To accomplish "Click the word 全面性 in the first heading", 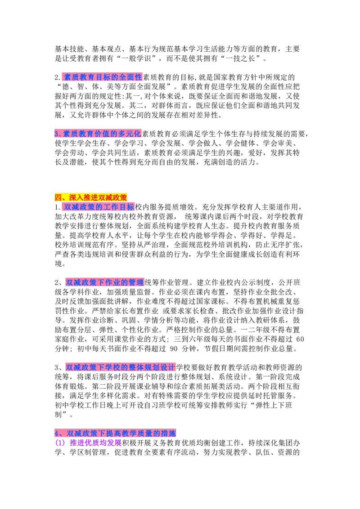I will pyautogui.click(x=130, y=77).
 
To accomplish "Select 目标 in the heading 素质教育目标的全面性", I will pyautogui.click(x=106, y=77).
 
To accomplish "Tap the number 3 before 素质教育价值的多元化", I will pyautogui.click(x=56, y=134).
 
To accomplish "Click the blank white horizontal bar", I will pyautogui.click(x=207, y=171).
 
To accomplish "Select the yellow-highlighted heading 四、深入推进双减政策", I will pyautogui.click(x=91, y=197).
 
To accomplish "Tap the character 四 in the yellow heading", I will pyautogui.click(x=58, y=197).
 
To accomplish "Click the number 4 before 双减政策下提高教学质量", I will pyautogui.click(x=56, y=433).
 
